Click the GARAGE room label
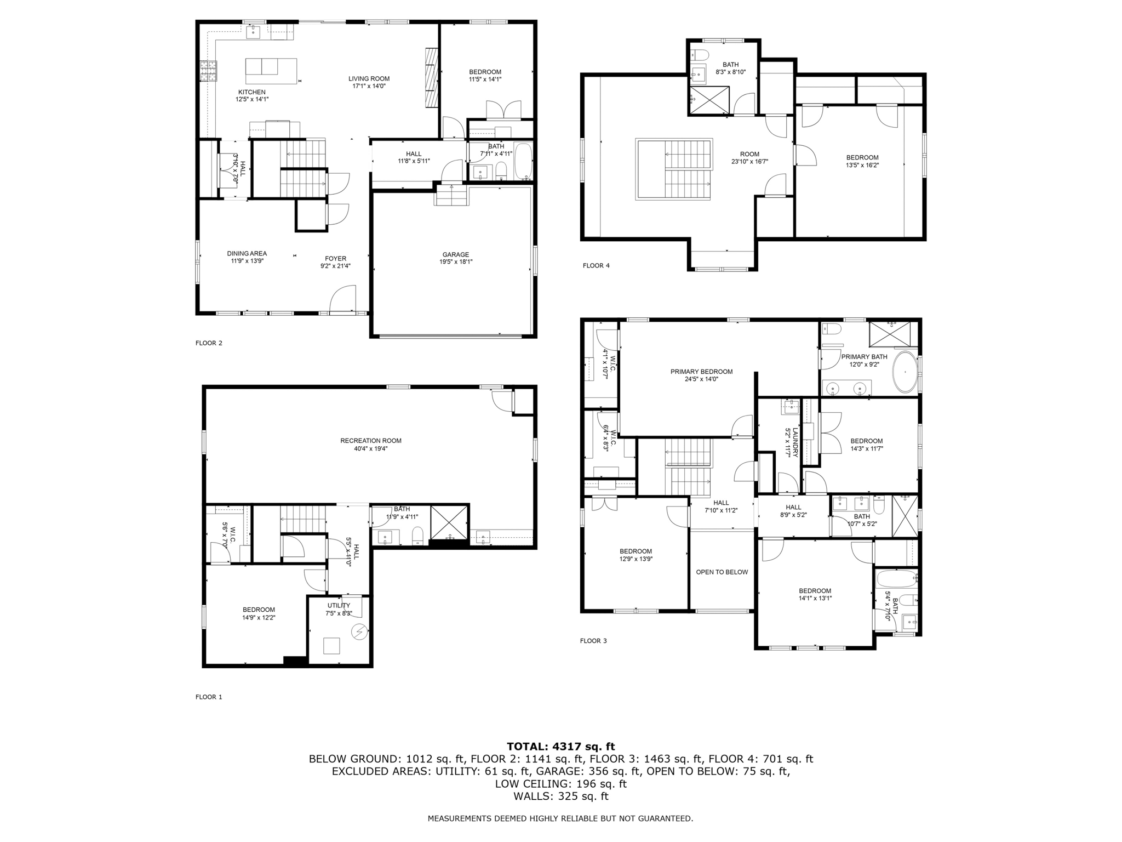click(x=455, y=254)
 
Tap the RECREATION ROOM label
click(x=370, y=441)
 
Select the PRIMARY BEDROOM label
click(x=701, y=372)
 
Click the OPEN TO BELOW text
click(x=722, y=572)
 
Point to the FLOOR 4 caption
click(x=596, y=266)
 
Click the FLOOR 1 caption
click(x=209, y=697)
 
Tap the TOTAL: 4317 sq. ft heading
click(x=560, y=747)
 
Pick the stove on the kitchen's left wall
click(x=208, y=70)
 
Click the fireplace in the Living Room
click(x=432, y=77)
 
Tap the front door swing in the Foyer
click(x=343, y=299)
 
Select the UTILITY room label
click(x=339, y=606)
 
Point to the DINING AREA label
click(x=247, y=253)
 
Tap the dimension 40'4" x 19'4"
click(x=370, y=448)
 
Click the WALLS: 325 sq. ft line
click(x=560, y=797)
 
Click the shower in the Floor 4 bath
click(x=709, y=100)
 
